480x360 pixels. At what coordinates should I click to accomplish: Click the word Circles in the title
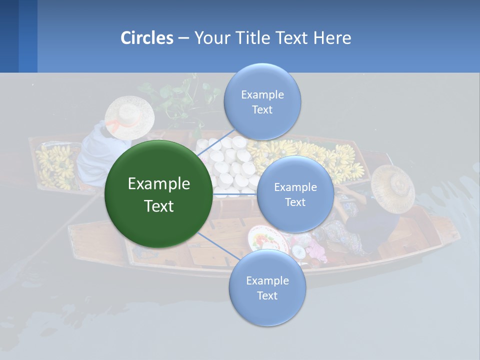click(147, 38)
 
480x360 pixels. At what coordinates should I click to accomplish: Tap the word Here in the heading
click(332, 38)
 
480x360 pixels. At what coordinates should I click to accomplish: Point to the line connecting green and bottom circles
click(219, 246)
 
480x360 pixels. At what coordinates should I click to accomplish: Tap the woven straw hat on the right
click(393, 188)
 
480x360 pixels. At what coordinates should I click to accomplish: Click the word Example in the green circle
click(159, 184)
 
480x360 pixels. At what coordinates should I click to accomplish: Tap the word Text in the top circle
click(262, 110)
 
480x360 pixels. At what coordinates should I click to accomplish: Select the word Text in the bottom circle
click(267, 295)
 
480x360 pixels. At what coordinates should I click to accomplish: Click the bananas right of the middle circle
click(345, 162)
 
